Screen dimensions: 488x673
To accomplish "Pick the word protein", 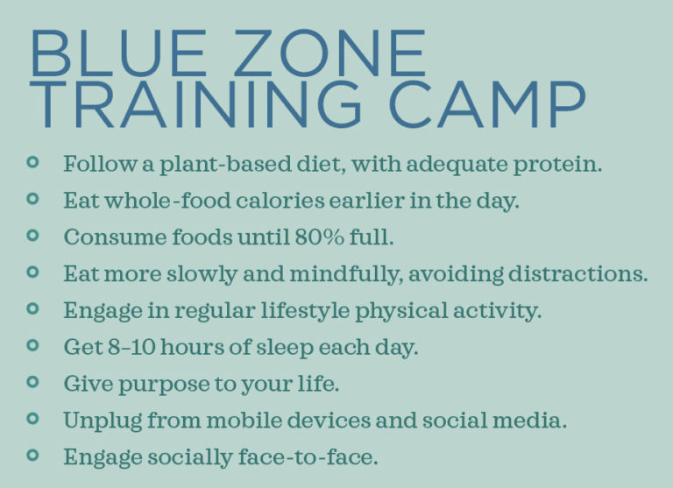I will [556, 164].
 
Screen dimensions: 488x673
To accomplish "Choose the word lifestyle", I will [294, 309].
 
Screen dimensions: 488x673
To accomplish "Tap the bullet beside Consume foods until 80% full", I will [33, 236].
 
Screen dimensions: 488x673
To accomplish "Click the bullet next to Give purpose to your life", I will [33, 382].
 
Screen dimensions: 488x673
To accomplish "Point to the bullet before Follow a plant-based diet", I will [33, 162].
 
